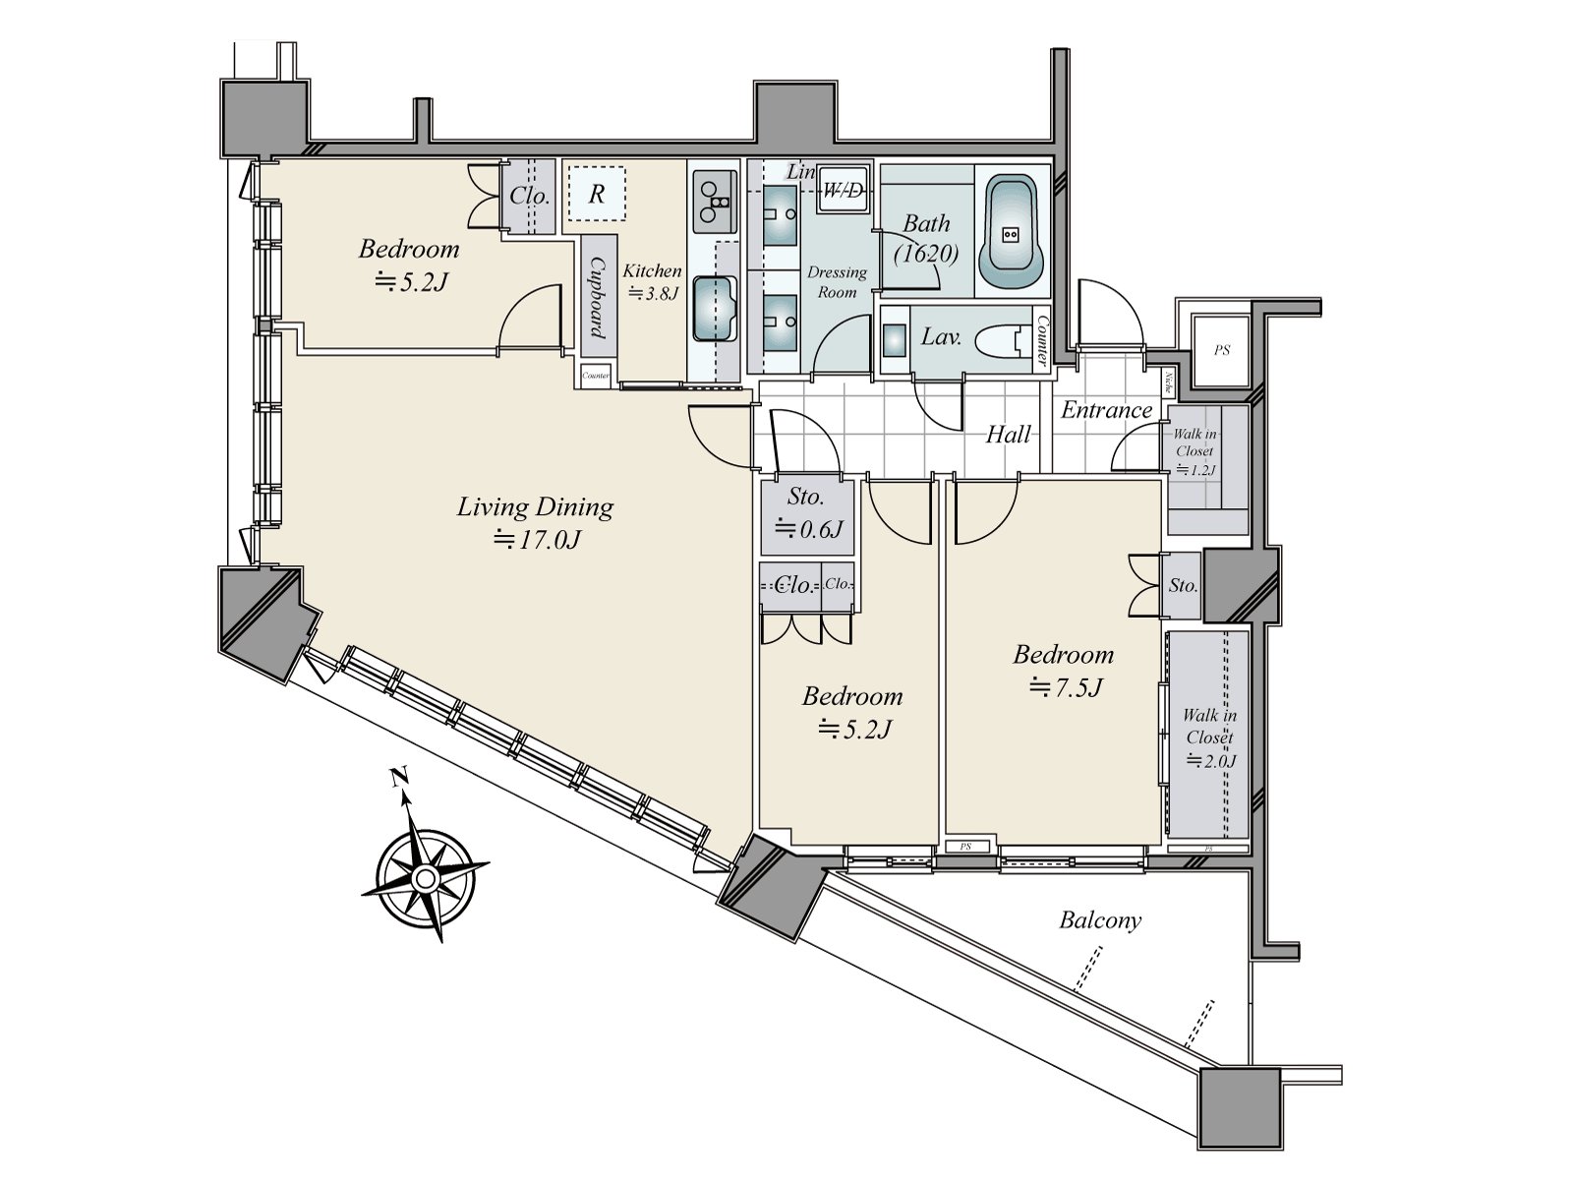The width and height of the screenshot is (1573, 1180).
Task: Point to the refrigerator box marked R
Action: pos(596,194)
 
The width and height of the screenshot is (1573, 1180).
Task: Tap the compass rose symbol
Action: pos(425,875)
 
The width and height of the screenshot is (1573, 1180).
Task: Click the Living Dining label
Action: pos(535,507)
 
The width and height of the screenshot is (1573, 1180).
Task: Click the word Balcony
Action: pos(1100,920)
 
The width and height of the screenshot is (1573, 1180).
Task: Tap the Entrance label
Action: pos(1106,410)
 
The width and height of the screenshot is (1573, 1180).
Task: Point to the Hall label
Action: pos(1009,435)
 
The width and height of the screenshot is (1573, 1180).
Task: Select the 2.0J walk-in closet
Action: pos(1208,736)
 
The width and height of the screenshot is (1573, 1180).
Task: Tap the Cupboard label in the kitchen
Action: pos(597,298)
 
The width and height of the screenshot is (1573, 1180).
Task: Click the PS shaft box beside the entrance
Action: pos(1221,350)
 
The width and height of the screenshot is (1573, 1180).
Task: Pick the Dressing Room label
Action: pos(837,281)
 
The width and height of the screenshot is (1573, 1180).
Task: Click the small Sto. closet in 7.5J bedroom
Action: pos(1183,586)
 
